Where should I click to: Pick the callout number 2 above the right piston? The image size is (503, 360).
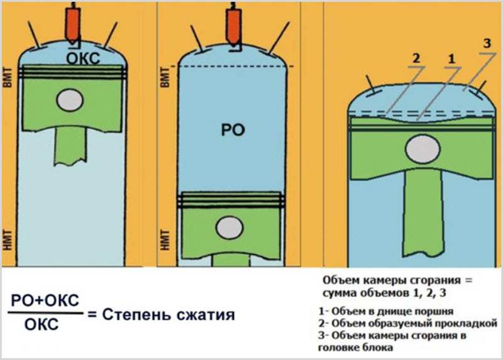click(415, 58)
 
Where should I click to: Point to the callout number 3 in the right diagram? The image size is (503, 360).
click(486, 43)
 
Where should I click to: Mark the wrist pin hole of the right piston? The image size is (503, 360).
click(419, 150)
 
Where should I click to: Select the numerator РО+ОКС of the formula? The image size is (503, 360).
click(46, 301)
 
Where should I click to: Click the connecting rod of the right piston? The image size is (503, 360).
click(419, 207)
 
